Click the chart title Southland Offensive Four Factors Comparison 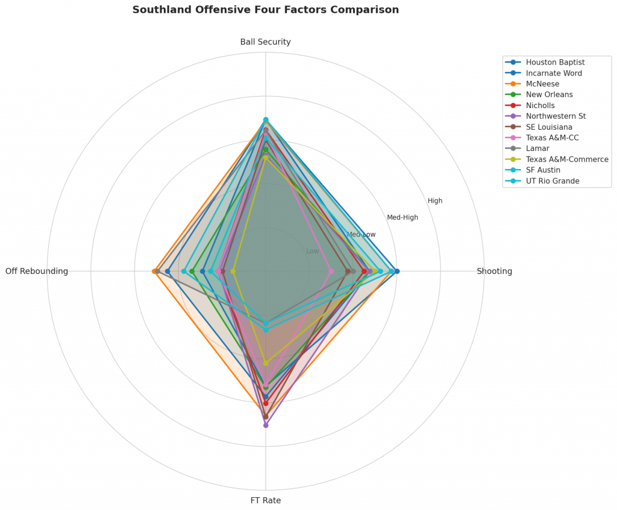(x=265, y=10)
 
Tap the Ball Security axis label (x=265, y=42)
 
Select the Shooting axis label (x=494, y=271)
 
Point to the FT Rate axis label (x=265, y=500)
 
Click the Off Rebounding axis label (x=37, y=271)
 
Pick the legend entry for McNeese (x=542, y=84)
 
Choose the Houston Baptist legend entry (x=555, y=62)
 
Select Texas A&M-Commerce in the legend (x=566, y=159)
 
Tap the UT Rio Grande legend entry (x=552, y=181)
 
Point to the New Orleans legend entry (x=549, y=95)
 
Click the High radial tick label (x=435, y=201)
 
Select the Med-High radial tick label (x=402, y=217)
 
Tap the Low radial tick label (x=313, y=251)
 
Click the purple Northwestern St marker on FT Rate (x=266, y=425)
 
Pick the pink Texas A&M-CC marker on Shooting (x=331, y=271)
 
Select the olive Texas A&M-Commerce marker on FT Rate (x=266, y=363)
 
